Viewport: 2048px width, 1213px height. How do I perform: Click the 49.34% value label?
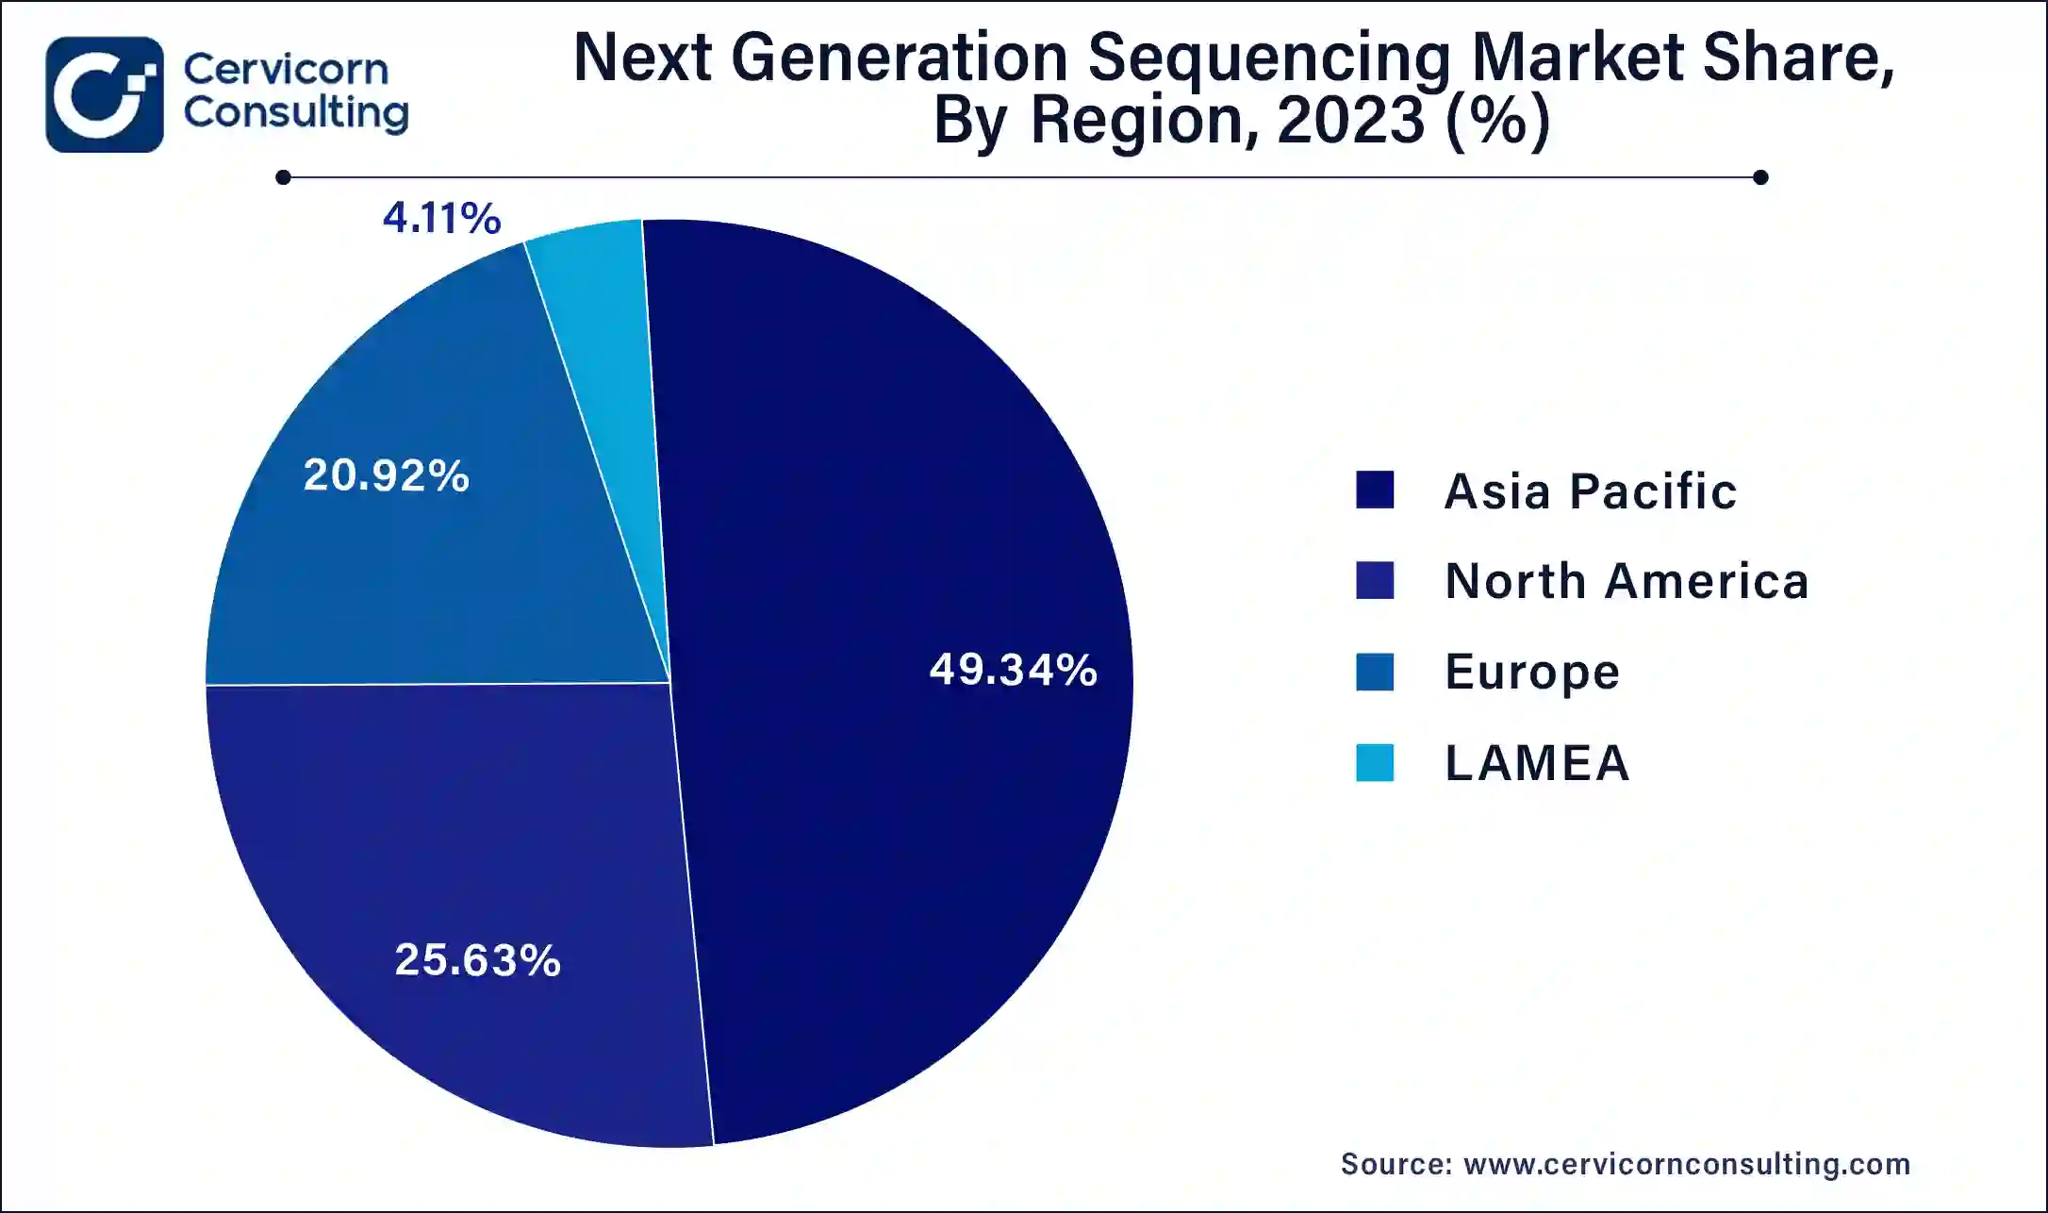1013,670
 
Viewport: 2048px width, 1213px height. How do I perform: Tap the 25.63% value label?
477,960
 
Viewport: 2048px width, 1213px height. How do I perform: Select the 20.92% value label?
386,474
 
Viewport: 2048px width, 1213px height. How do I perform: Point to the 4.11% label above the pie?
441,218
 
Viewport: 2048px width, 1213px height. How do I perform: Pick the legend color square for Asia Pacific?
1374,490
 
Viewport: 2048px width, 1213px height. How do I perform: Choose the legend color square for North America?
1374,580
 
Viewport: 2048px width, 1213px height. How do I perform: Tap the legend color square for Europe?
1374,672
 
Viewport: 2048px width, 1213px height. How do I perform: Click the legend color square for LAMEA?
1374,762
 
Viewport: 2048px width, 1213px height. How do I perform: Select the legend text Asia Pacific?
1590,491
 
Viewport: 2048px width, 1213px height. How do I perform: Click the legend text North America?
1627,581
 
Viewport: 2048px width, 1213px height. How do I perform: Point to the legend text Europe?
1531,673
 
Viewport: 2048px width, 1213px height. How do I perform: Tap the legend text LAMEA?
1537,763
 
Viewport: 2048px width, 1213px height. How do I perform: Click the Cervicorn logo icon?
104,94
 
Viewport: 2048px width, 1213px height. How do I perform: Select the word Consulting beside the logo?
295,113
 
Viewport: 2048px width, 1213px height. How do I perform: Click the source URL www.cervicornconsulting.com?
1686,1164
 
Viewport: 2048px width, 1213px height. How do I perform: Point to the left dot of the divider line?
283,177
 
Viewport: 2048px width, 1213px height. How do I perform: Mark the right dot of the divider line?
1759,177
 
